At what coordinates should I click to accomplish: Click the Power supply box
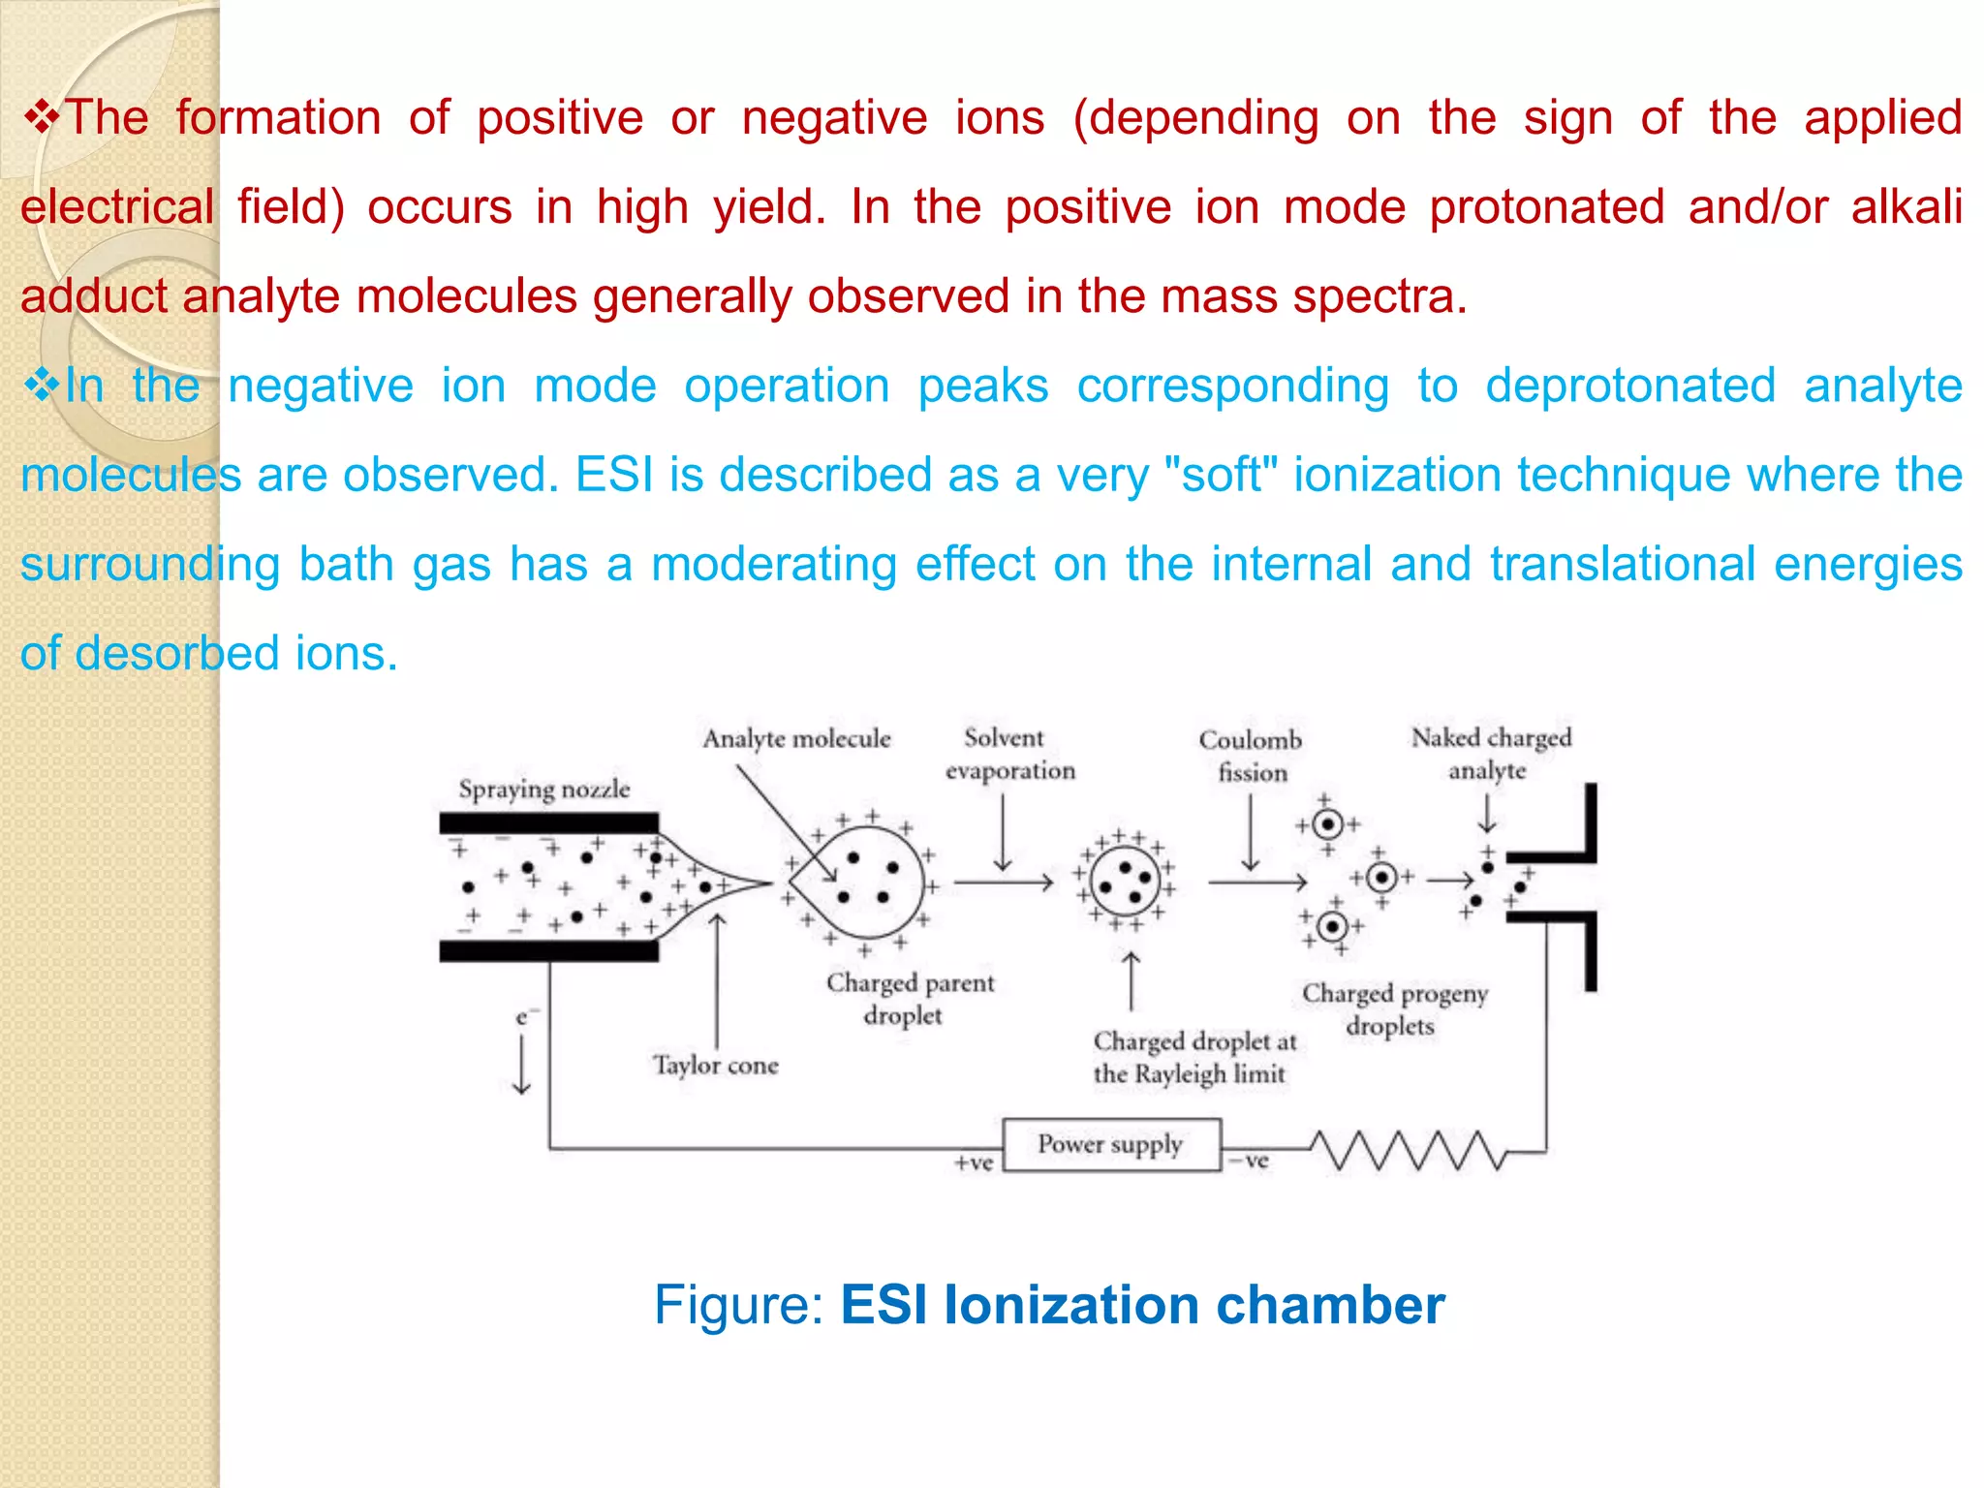pyautogui.click(x=1111, y=1145)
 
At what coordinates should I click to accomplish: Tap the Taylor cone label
pyautogui.click(x=716, y=1066)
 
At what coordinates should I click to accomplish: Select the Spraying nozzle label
pyautogui.click(x=544, y=790)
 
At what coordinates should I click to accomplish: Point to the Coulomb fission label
pyautogui.click(x=1251, y=757)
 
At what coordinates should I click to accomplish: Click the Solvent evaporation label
pyautogui.click(x=1008, y=755)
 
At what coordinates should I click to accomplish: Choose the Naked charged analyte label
pyautogui.click(x=1490, y=754)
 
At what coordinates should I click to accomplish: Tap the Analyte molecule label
pyautogui.click(x=796, y=739)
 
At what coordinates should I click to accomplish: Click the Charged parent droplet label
pyautogui.click(x=910, y=999)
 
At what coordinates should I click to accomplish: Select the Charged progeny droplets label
pyautogui.click(x=1394, y=1009)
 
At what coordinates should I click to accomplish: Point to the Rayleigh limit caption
pyautogui.click(x=1193, y=1058)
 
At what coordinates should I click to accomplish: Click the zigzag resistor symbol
pyautogui.click(x=1410, y=1150)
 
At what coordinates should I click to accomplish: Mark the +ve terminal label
pyautogui.click(x=974, y=1162)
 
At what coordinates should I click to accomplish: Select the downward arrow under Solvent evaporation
pyautogui.click(x=1003, y=833)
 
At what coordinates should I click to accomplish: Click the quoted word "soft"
pyautogui.click(x=1222, y=475)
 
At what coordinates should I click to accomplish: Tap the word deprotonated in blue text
pyautogui.click(x=1630, y=386)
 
